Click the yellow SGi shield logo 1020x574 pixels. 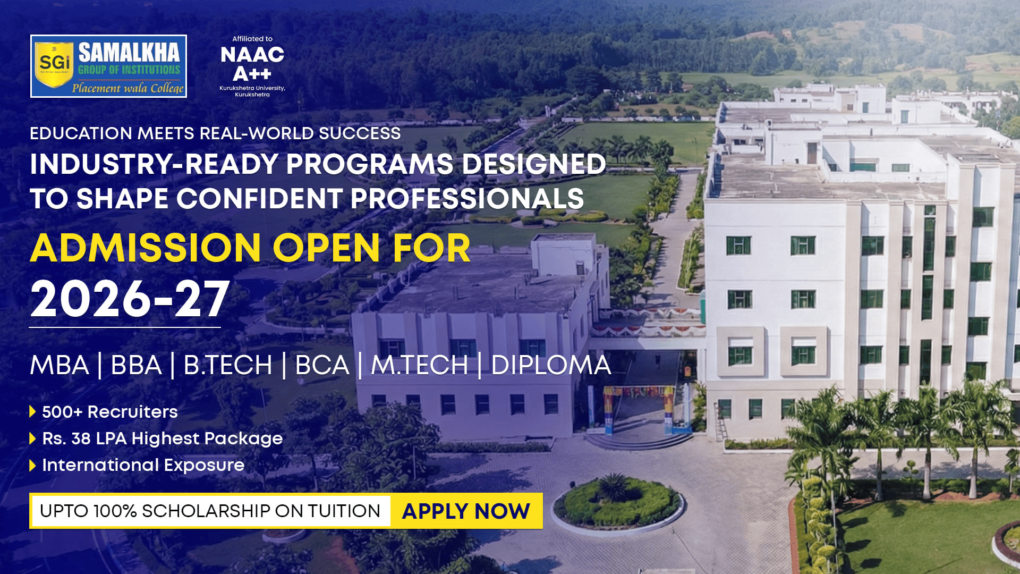[x=54, y=64]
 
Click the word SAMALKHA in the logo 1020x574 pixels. [x=129, y=53]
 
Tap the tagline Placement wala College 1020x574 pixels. [x=127, y=88]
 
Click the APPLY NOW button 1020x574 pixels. [x=466, y=511]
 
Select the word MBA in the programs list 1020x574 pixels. [x=59, y=365]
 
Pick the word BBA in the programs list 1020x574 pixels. [x=136, y=365]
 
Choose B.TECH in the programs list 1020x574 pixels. [x=228, y=365]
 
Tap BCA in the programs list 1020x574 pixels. [x=322, y=365]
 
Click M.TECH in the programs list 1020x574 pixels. [x=420, y=365]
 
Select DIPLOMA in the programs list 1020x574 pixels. [x=551, y=365]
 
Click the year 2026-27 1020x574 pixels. [x=130, y=299]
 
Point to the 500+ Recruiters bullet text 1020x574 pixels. [x=110, y=412]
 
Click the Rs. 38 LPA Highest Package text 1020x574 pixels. [x=163, y=438]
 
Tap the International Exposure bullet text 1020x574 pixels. [x=143, y=465]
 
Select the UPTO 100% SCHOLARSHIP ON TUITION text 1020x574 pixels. [x=210, y=511]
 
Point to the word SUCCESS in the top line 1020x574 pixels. [x=360, y=133]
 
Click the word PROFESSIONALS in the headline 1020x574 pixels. [x=467, y=199]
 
